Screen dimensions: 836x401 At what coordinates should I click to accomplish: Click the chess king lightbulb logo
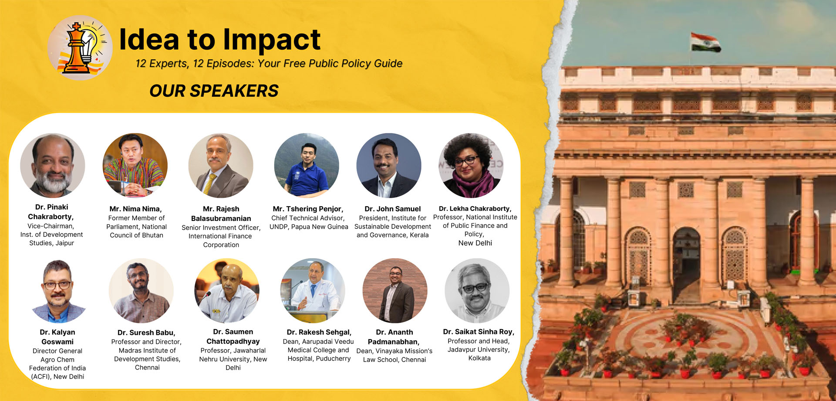[80, 48]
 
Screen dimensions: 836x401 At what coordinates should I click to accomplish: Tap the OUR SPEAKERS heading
[214, 91]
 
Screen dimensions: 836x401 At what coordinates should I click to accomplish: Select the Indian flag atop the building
[705, 42]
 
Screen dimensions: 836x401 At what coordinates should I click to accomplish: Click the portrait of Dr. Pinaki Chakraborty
[52, 166]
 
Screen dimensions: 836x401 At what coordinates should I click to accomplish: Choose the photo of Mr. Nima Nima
[135, 166]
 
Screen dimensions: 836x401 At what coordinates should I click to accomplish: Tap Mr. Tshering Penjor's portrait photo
[307, 166]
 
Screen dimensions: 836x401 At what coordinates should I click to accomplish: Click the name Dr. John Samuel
[393, 209]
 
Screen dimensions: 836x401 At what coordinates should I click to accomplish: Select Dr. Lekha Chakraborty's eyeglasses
[466, 161]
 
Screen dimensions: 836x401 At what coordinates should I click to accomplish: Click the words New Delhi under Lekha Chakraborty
[475, 243]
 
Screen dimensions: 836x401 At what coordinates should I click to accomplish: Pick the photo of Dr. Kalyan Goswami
[58, 291]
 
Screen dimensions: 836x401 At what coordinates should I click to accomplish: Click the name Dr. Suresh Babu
[146, 333]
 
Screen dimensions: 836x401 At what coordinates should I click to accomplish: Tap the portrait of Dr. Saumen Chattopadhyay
[227, 291]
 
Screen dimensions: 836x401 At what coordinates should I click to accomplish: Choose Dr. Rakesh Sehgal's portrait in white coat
[313, 291]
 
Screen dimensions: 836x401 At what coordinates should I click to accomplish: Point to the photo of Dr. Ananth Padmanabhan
[395, 291]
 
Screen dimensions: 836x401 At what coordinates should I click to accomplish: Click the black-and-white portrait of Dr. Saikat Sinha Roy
[477, 291]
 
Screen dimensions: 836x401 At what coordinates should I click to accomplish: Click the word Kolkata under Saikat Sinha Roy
[479, 358]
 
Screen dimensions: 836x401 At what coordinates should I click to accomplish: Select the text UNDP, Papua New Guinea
[309, 227]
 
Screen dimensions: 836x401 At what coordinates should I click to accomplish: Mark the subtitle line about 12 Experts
[269, 64]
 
